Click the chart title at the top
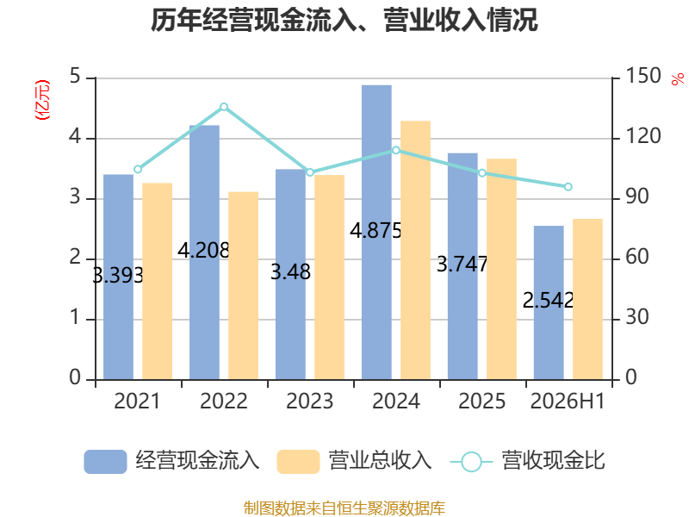[344, 20]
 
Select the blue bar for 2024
[376, 232]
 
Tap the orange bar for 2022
[244, 285]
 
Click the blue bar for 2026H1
[549, 302]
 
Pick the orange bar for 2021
[158, 281]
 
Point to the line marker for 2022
[224, 107]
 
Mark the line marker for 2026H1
[568, 187]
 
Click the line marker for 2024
[396, 150]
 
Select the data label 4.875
[376, 231]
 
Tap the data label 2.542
[548, 300]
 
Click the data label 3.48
[290, 271]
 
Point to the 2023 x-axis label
[310, 401]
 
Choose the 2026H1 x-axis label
[568, 401]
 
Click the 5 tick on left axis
[75, 76]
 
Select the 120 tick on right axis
[643, 136]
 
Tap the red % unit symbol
[677, 79]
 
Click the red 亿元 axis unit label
[42, 100]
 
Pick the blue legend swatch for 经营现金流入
[105, 462]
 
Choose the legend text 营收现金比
[553, 461]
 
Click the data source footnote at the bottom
[344, 508]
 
